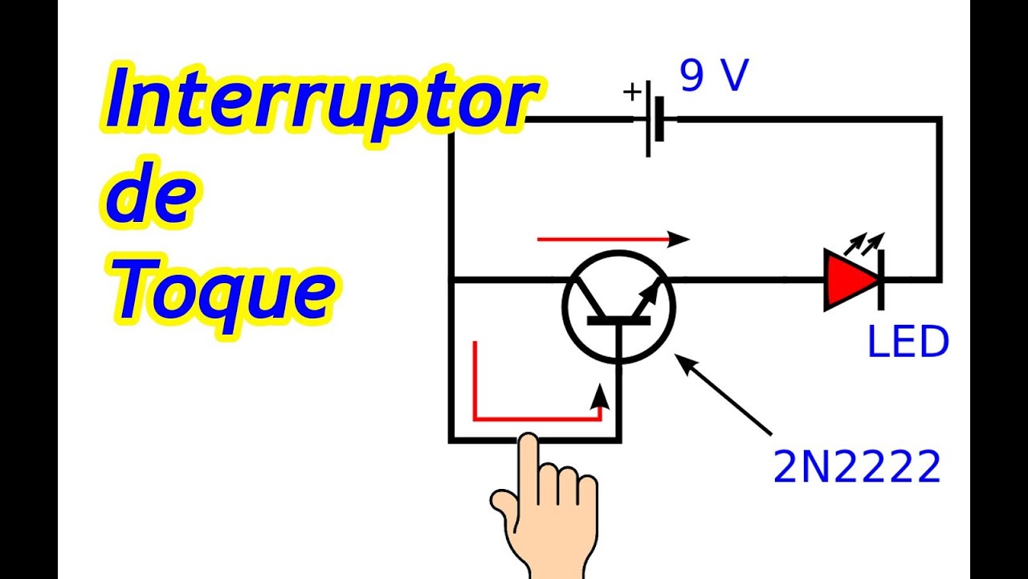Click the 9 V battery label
click(x=714, y=77)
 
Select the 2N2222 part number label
click(x=856, y=467)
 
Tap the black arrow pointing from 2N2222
click(x=723, y=394)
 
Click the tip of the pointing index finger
click(x=528, y=441)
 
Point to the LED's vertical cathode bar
click(x=882, y=279)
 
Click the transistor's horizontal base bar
click(x=618, y=320)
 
